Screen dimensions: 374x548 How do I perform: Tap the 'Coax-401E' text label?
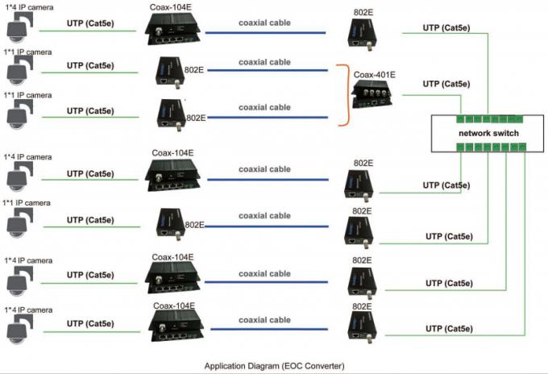[374, 76]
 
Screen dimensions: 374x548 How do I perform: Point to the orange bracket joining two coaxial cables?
[344, 94]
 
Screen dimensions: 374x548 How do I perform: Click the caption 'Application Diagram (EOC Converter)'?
[274, 365]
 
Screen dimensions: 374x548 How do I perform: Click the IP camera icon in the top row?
[18, 29]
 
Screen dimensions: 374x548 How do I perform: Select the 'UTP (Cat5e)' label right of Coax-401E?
[446, 84]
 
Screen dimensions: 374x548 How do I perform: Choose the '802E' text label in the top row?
[363, 13]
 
